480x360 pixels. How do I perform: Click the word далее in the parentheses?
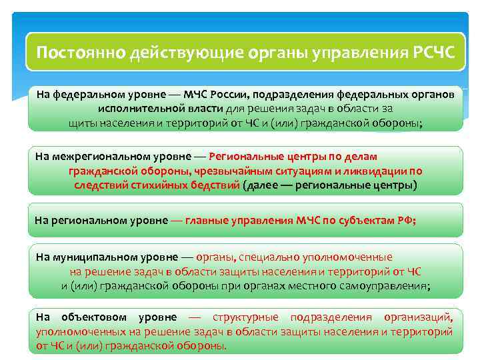click(x=265, y=185)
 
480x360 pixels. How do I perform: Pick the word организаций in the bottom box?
click(x=420, y=317)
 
